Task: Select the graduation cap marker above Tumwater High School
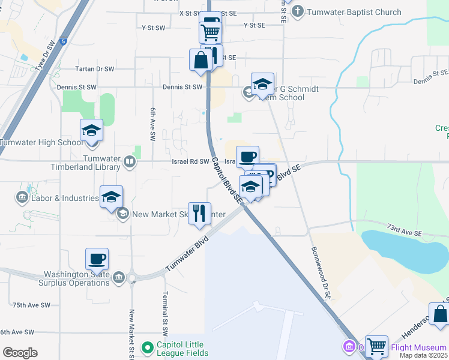point(91,131)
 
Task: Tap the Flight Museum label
point(418,347)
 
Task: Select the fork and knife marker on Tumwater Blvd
point(199,213)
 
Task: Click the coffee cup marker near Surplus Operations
point(97,260)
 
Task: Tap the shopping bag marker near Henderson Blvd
point(440,314)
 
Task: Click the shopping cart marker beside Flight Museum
point(376,346)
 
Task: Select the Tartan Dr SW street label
point(94,69)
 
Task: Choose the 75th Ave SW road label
point(31,305)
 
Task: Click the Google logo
point(20,353)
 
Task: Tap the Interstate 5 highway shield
point(63,41)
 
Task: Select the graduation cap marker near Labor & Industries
point(111,198)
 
